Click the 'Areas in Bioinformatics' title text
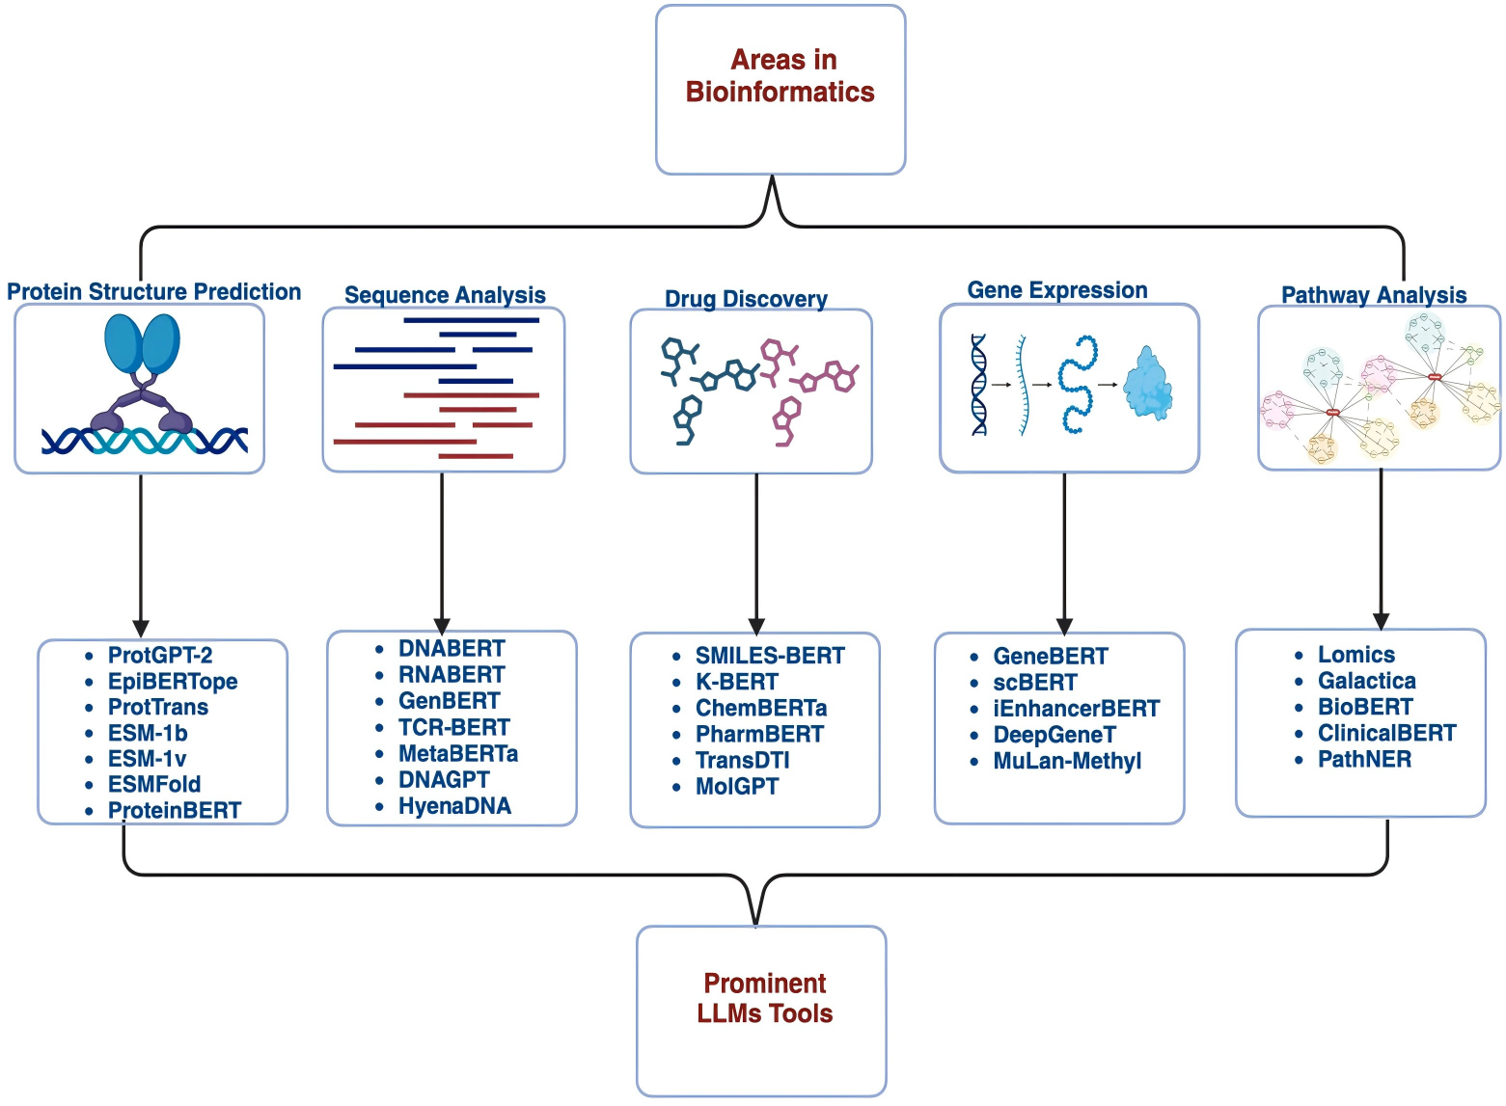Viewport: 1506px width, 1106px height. coord(780,75)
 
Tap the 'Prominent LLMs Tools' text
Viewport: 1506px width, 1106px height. coord(765,998)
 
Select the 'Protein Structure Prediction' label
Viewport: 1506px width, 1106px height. coord(154,291)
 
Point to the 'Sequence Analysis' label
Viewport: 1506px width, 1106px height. coord(445,295)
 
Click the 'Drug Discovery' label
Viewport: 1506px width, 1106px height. coord(747,299)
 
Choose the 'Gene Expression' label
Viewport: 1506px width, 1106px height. coord(1057,289)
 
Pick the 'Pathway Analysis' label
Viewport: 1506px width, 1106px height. coord(1374,295)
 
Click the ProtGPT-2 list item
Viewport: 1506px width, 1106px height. coord(160,655)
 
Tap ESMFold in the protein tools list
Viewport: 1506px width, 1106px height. coord(154,784)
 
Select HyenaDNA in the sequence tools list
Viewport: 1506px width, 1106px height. coord(455,806)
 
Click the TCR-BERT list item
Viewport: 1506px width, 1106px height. coord(454,727)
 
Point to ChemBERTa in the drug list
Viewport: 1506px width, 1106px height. coord(761,708)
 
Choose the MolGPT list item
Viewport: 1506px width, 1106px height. coord(737,786)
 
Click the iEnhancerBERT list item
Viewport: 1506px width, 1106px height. coord(1077,708)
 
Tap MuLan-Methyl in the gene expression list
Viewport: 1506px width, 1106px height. coord(1067,761)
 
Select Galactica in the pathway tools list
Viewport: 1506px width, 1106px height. coord(1367,681)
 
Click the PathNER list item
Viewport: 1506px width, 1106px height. coord(1364,759)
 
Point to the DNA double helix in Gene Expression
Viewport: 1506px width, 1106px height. coord(979,385)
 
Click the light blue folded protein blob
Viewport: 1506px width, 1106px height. coord(1148,384)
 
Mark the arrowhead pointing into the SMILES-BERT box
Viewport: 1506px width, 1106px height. coord(756,626)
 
